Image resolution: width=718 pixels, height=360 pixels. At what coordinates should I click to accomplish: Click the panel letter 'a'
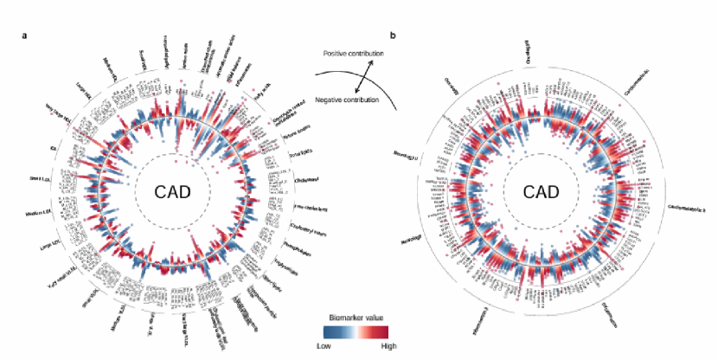click(x=24, y=35)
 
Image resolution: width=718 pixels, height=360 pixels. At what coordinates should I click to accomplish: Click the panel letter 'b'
click(x=394, y=35)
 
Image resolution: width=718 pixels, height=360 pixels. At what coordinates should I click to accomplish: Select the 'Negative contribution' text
click(x=347, y=100)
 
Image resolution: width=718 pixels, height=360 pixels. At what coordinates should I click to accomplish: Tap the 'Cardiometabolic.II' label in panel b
click(x=688, y=207)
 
